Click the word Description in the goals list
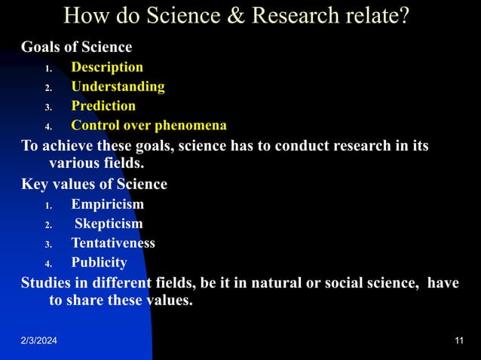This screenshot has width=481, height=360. [107, 67]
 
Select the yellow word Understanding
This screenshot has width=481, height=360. [118, 87]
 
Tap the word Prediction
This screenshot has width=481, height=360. [103, 106]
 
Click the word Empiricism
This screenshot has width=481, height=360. [107, 204]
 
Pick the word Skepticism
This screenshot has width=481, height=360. [109, 224]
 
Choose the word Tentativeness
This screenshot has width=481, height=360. [113, 243]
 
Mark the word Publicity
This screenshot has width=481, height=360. [99, 263]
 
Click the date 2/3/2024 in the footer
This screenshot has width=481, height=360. [38, 343]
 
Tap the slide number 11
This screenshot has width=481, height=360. [459, 343]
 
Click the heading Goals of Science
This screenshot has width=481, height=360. [76, 47]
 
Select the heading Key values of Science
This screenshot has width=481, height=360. [94, 185]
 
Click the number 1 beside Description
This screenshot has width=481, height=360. [47, 68]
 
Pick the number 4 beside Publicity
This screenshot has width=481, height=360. [47, 264]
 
